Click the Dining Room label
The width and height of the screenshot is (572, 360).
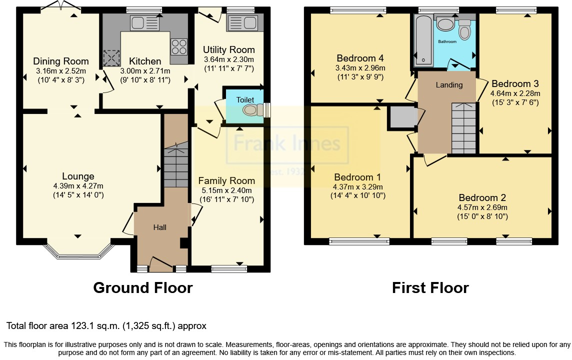click(61, 61)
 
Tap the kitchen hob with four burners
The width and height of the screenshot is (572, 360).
click(179, 46)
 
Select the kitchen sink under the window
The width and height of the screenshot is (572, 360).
click(145, 23)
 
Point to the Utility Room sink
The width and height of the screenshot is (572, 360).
click(242, 23)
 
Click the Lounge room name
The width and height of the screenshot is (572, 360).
click(78, 176)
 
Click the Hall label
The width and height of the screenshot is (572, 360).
click(160, 227)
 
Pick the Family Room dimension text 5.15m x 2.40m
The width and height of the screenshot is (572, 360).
click(227, 190)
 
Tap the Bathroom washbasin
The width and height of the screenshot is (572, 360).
click(445, 25)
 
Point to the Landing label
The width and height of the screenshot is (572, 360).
click(449, 85)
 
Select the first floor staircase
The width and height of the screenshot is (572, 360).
click(463, 128)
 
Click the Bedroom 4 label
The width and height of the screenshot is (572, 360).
click(360, 58)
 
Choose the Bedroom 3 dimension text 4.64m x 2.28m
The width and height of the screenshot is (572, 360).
click(515, 93)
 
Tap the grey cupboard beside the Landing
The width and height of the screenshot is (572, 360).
click(402, 117)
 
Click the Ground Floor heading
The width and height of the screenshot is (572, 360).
click(143, 288)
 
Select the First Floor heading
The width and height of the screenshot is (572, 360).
click(430, 288)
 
